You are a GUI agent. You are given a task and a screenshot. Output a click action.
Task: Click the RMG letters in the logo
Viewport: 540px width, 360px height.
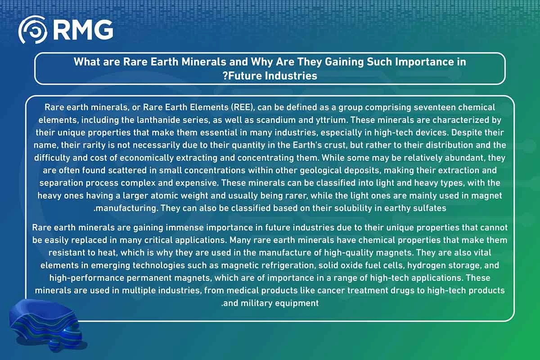(x=83, y=30)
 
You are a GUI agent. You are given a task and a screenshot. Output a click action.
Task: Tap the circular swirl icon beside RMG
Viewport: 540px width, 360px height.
(x=33, y=30)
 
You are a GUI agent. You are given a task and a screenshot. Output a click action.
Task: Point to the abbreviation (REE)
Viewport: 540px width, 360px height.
(x=243, y=107)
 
